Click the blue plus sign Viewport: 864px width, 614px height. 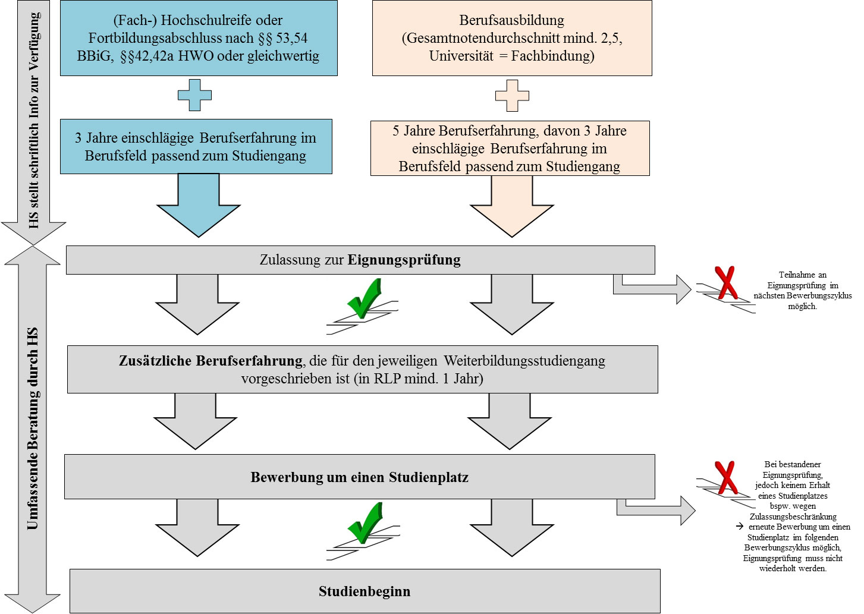(195, 95)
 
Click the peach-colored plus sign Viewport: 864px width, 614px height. (512, 96)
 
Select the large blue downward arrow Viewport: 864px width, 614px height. (199, 206)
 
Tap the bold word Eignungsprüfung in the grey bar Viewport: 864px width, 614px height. (404, 260)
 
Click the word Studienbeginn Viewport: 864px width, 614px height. (365, 591)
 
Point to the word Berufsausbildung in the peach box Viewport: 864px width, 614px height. (511, 20)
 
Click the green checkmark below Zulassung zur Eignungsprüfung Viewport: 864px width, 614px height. (365, 298)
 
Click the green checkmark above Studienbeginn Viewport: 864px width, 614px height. (365, 522)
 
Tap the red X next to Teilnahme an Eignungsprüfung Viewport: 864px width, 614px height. (726, 282)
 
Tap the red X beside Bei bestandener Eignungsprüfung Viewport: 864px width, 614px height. (725, 477)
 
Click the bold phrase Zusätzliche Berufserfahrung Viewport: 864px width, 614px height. (210, 361)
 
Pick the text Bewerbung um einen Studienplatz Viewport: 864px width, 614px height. (359, 477)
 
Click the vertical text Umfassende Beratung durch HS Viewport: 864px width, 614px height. (32, 428)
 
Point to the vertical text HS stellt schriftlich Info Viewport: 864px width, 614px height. (34, 119)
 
